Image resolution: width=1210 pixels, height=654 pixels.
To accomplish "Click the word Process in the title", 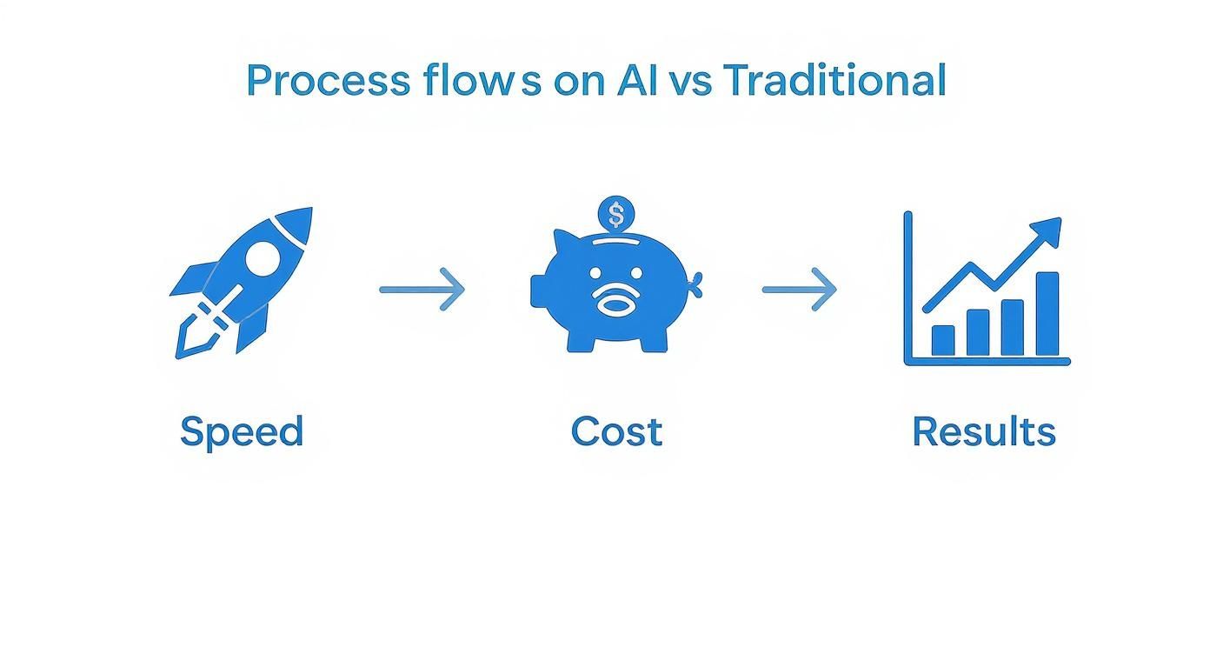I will pyautogui.click(x=328, y=81).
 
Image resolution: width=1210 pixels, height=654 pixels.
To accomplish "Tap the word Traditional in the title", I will pyautogui.click(x=834, y=80).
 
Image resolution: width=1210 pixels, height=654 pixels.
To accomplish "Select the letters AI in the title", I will pyautogui.click(x=639, y=80).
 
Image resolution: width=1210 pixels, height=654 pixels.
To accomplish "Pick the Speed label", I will pyautogui.click(x=242, y=431).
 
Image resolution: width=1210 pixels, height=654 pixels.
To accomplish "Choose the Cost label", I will pyautogui.click(x=616, y=431).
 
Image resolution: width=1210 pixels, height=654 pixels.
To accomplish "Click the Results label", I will pyautogui.click(x=983, y=431).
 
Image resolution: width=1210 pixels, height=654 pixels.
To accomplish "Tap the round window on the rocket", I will pyautogui.click(x=263, y=258).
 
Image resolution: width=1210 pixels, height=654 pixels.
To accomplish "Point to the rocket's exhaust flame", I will pyautogui.click(x=195, y=335).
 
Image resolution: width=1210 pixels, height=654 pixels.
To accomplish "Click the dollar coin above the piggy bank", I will pyautogui.click(x=616, y=213).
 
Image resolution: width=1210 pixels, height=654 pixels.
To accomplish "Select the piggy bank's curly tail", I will pyautogui.click(x=694, y=280).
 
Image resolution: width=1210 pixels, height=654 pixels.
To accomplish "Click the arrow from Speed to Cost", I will pyautogui.click(x=422, y=290).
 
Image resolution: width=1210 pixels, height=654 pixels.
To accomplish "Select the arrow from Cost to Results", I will pyautogui.click(x=800, y=290).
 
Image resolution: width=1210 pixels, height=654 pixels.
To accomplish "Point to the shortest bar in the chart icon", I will pyautogui.click(x=943, y=340).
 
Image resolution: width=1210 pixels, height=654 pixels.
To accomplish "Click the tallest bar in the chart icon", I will pyautogui.click(x=1047, y=314).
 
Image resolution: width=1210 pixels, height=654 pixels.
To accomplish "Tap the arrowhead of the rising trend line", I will pyautogui.click(x=1049, y=230).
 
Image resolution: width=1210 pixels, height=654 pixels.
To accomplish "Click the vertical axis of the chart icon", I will pyautogui.click(x=908, y=287).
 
